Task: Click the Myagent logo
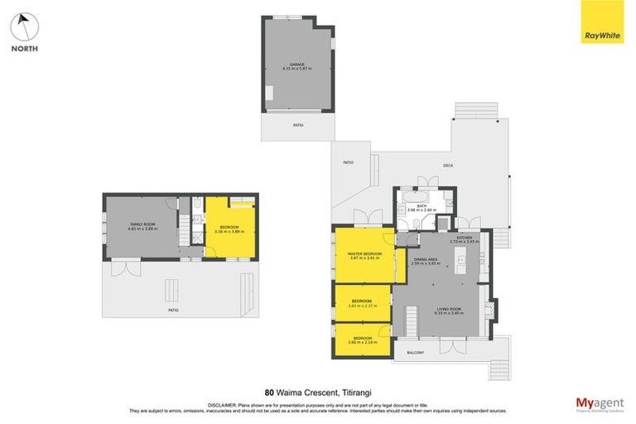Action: (600, 403)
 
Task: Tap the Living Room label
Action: (448, 311)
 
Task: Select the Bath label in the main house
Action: (422, 207)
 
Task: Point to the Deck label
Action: (448, 166)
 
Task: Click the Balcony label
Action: (416, 353)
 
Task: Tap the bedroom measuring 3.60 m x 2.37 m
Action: (362, 303)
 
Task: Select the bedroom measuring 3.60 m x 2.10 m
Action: (362, 339)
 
